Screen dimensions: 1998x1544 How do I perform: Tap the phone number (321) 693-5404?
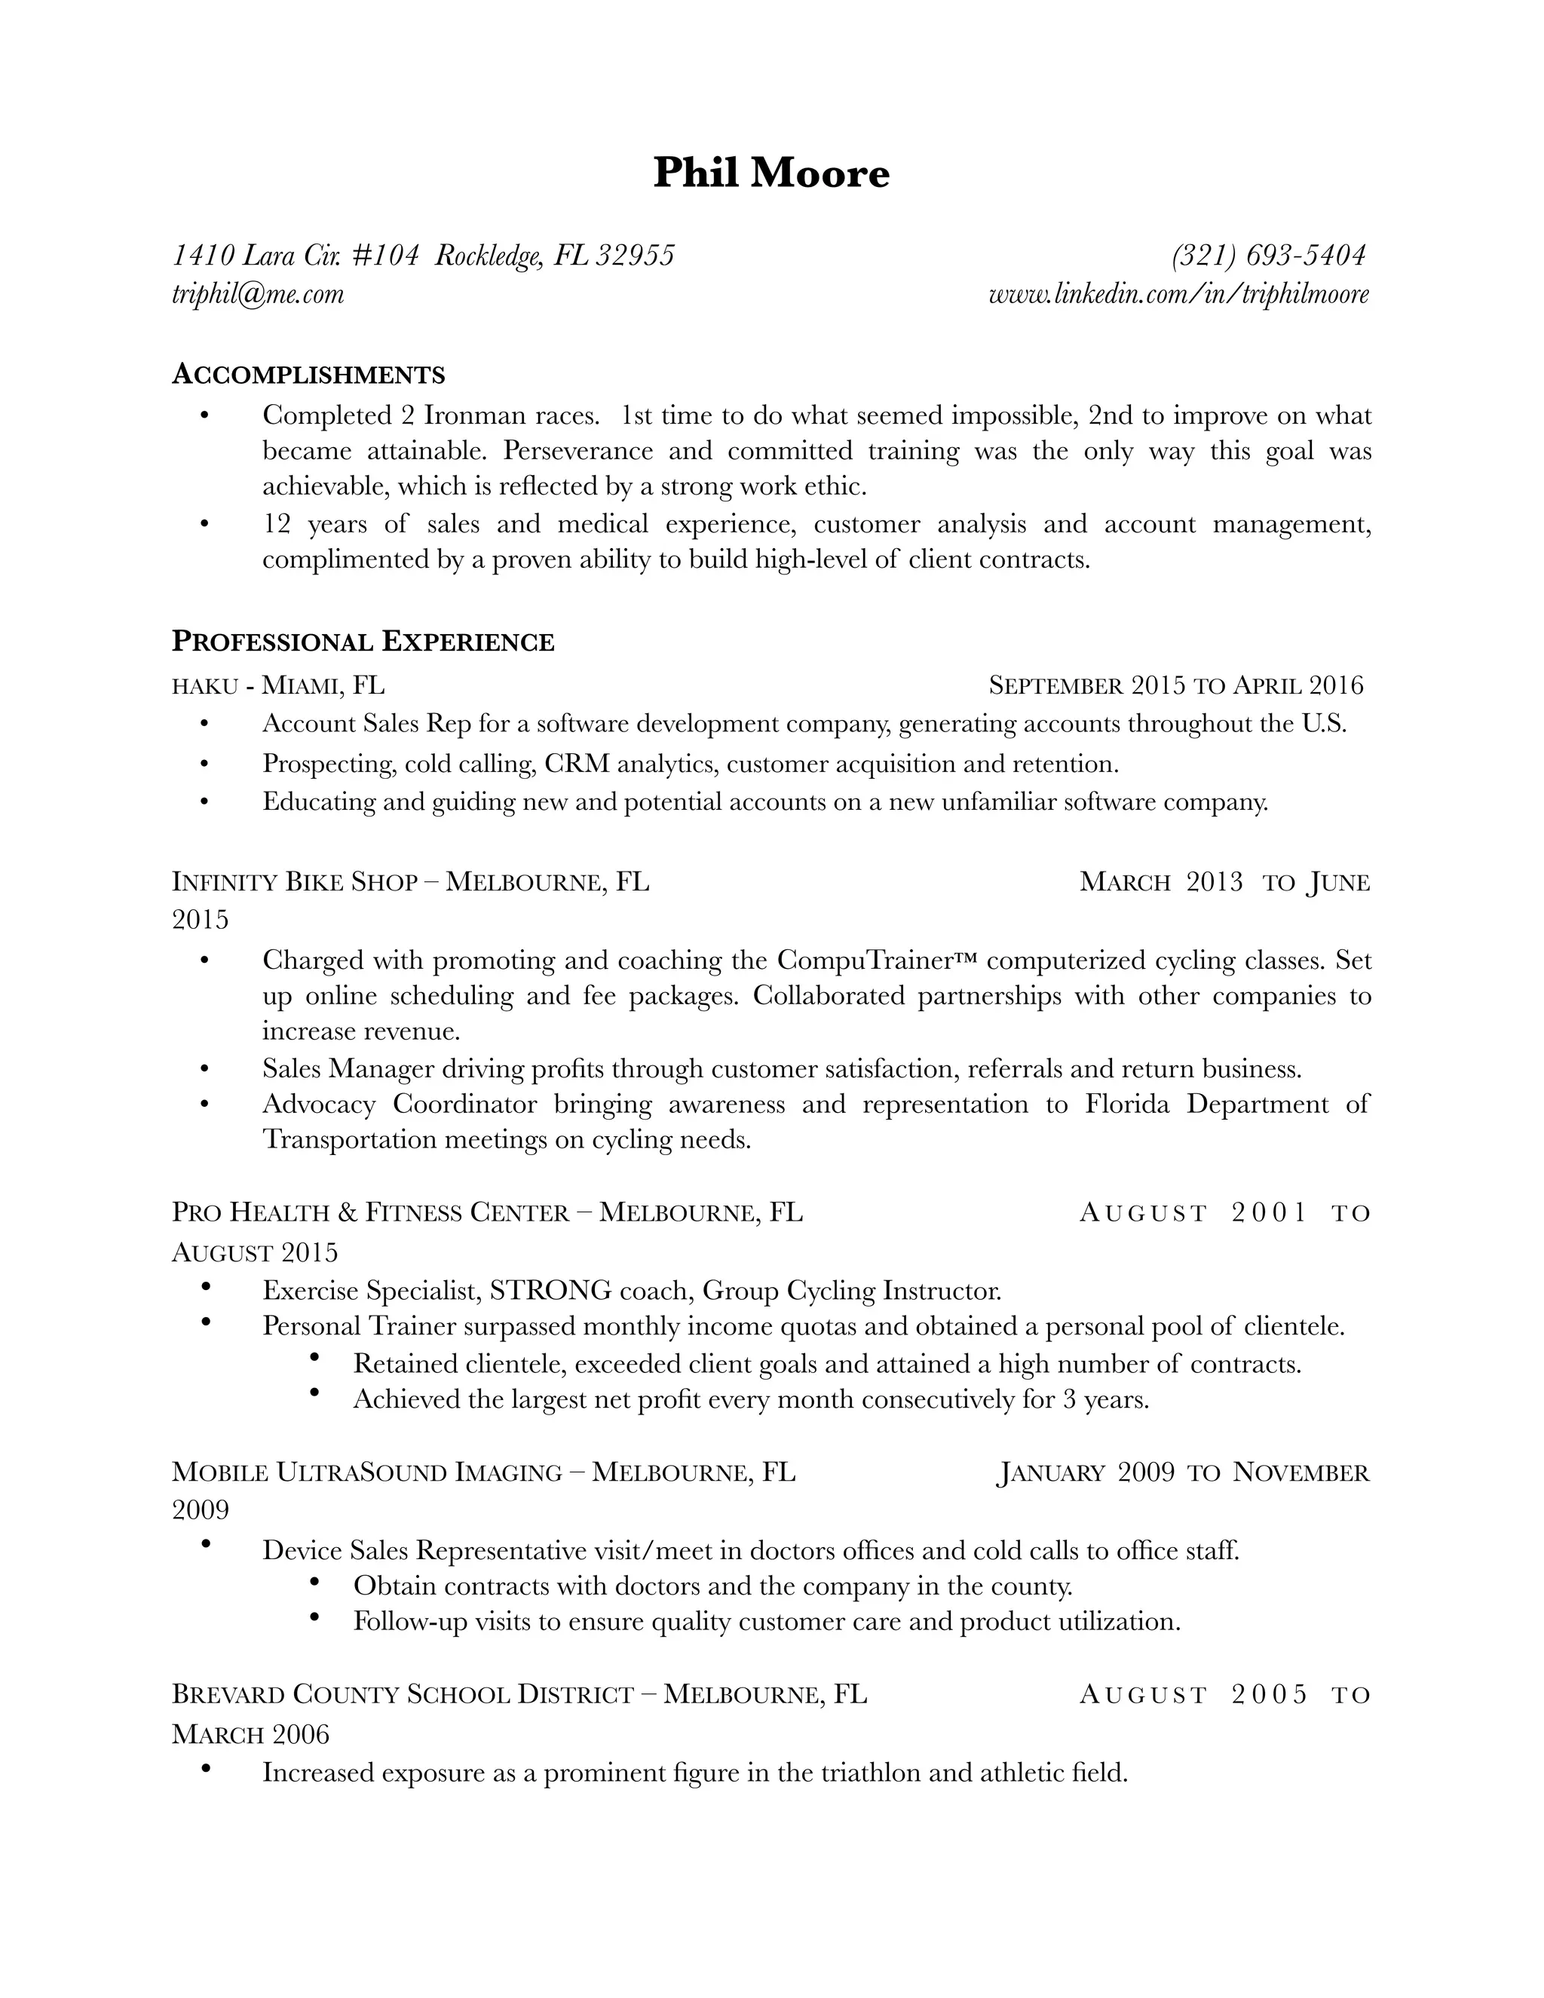(x=1269, y=256)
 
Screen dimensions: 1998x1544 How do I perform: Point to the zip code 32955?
(x=635, y=256)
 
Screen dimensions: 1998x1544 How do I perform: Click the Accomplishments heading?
(x=308, y=374)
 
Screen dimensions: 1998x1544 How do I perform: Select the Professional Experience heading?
(x=363, y=642)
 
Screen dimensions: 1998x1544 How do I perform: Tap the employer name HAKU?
(x=205, y=686)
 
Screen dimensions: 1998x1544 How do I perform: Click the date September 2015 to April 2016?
(x=1175, y=685)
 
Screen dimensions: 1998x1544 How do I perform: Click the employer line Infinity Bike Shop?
(x=295, y=882)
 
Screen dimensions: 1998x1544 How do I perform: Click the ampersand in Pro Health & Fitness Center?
(x=347, y=1213)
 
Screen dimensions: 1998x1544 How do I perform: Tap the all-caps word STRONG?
(x=550, y=1291)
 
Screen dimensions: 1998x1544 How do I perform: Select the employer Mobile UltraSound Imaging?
(x=367, y=1473)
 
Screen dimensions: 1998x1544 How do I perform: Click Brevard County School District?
(x=403, y=1695)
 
